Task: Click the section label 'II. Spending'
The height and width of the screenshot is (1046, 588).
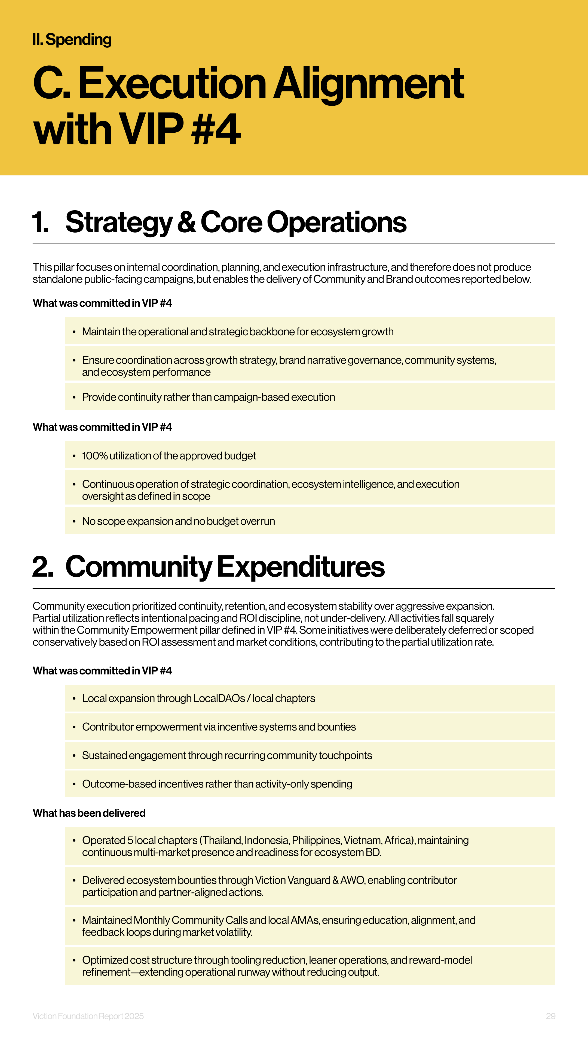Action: (72, 39)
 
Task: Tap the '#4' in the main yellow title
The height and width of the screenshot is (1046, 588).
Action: (216, 129)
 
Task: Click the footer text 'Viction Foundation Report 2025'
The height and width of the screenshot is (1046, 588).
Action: (88, 1016)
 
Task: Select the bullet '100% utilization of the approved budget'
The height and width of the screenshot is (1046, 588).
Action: (169, 456)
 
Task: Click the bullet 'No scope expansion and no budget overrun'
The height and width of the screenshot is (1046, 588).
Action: (179, 521)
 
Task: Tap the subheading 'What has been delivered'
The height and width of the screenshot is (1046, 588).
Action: (89, 813)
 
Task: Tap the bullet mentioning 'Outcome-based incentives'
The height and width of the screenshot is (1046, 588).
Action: (217, 784)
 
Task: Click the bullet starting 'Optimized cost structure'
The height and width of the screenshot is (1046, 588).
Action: (277, 966)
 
